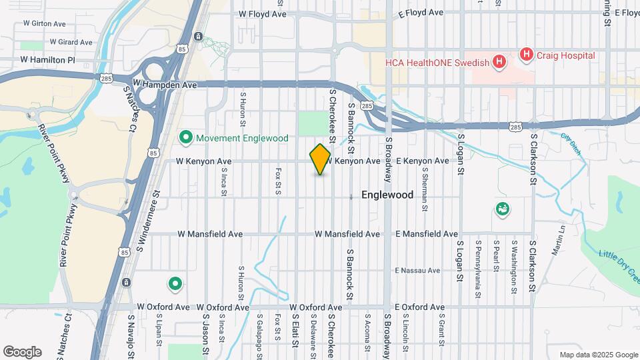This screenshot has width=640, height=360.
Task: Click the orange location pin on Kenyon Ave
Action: point(320,159)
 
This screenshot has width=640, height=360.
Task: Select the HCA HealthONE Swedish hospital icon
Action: point(499,63)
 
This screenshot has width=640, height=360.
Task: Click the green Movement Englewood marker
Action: point(186,138)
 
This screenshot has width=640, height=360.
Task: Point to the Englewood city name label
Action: point(387,195)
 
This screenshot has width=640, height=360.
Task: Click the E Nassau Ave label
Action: point(417,271)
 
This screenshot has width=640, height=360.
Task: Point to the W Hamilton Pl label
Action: point(48,59)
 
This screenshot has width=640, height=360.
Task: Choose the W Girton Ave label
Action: point(44,23)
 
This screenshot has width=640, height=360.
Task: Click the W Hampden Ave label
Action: point(165,85)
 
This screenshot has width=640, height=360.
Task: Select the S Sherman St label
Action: point(424,189)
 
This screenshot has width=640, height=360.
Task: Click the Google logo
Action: point(22,352)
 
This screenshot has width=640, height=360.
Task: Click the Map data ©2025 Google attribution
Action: point(597,355)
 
